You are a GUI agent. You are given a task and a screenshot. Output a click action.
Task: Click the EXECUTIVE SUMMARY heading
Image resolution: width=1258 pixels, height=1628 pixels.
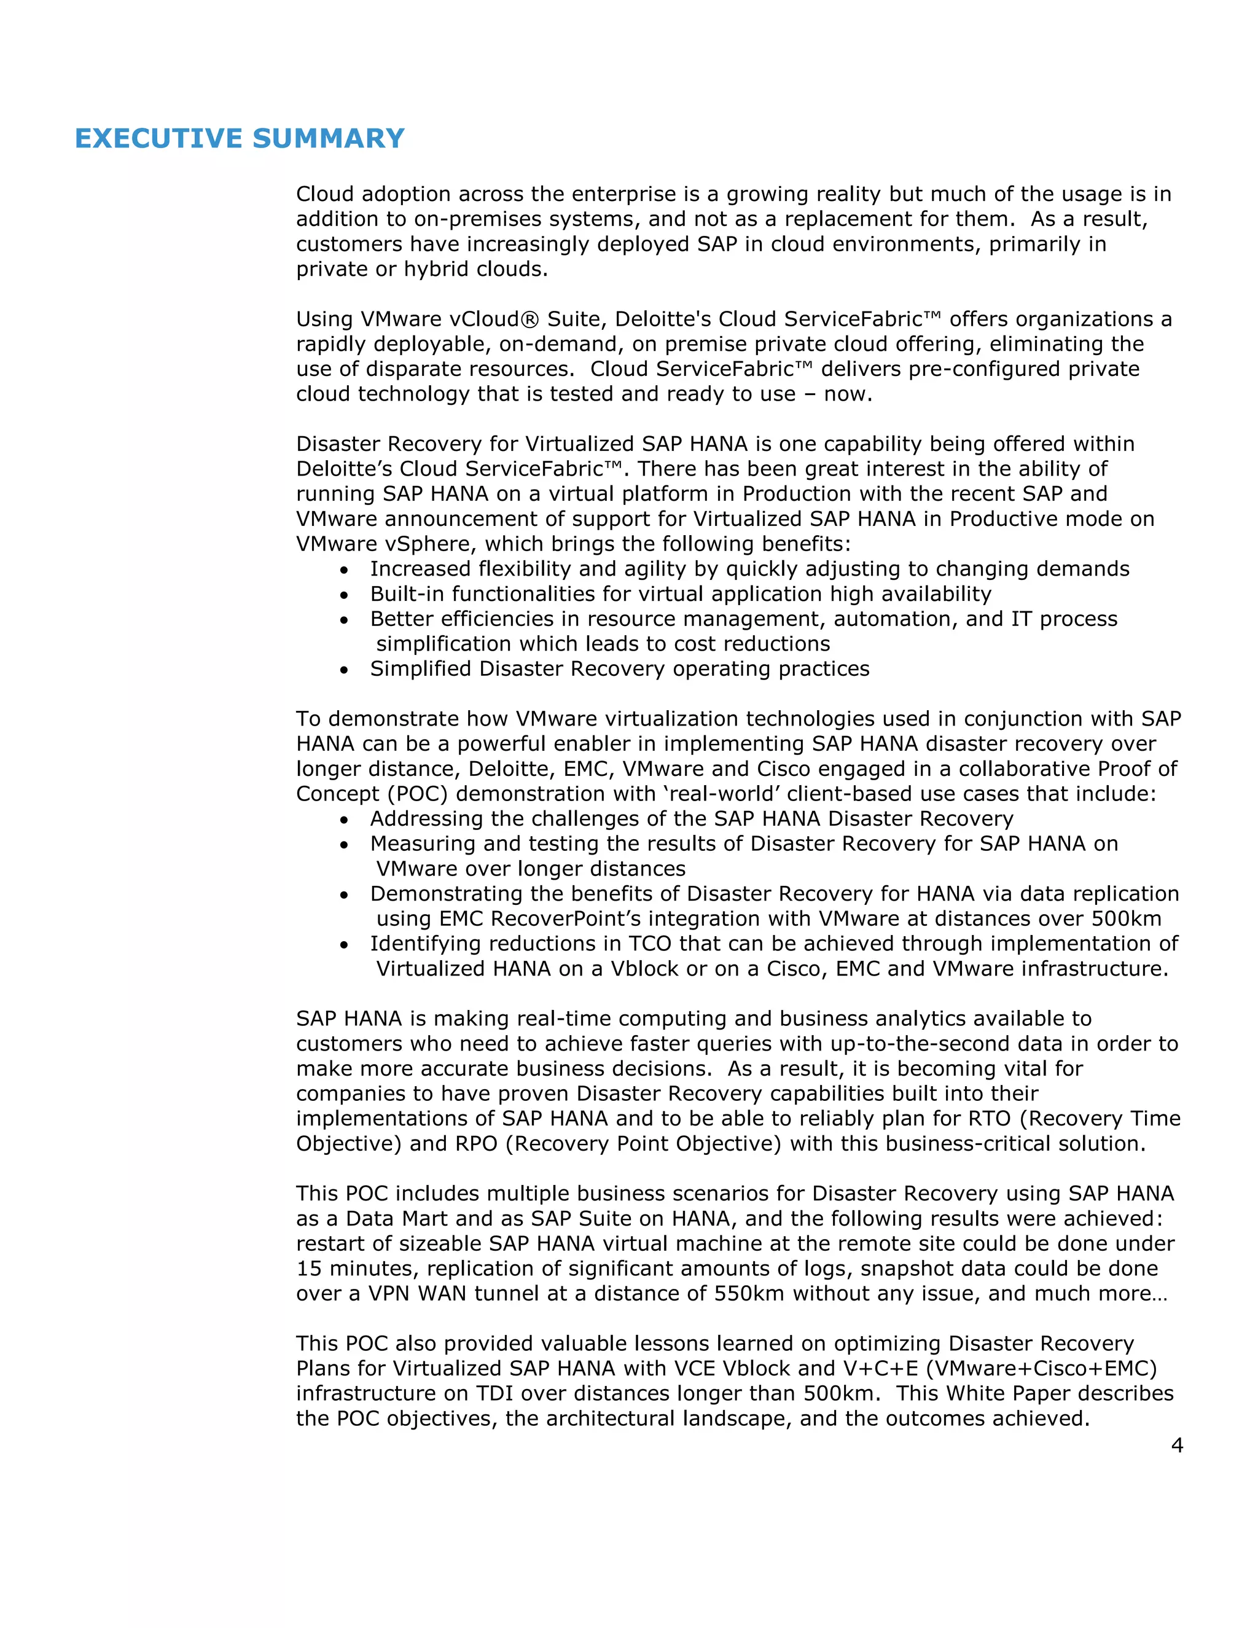coord(239,139)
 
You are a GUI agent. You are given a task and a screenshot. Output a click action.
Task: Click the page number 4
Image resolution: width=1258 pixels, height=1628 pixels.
coord(1177,1446)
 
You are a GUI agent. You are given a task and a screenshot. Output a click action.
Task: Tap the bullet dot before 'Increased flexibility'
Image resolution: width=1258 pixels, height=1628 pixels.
coord(343,571)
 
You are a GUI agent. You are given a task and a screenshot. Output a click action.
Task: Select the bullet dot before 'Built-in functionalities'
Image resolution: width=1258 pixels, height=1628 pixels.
coord(343,595)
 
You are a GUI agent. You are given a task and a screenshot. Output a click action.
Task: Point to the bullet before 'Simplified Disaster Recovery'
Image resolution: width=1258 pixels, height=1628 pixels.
coord(343,671)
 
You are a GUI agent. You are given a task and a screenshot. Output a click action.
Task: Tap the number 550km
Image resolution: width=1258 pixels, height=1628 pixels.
coord(748,1293)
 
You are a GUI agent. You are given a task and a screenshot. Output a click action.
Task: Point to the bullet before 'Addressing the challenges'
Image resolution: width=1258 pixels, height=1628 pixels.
coord(343,821)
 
